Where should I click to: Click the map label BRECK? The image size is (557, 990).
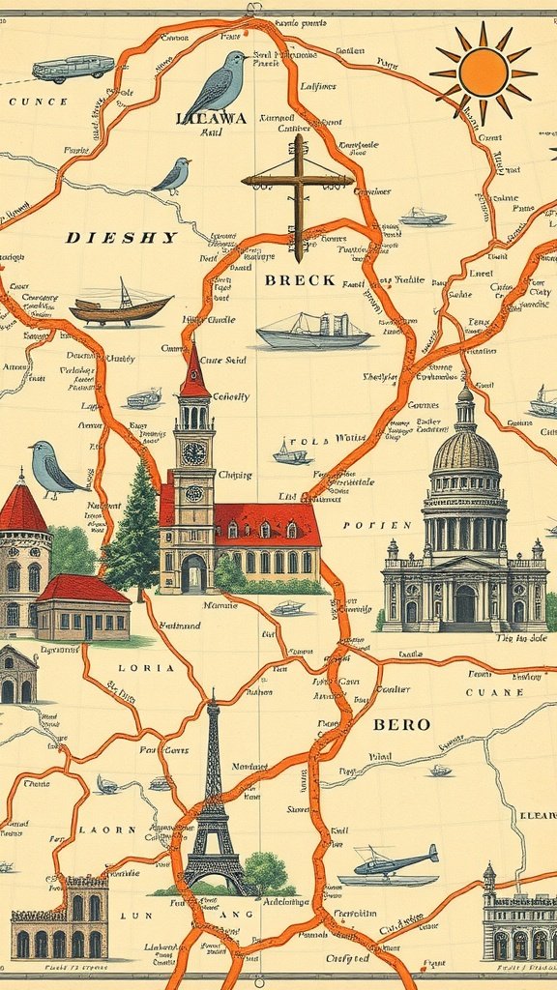(300, 280)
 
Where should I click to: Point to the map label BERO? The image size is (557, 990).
(401, 724)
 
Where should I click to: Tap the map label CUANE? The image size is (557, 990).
(494, 692)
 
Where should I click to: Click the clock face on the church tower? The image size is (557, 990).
(194, 452)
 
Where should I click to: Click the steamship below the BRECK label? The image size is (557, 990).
(313, 332)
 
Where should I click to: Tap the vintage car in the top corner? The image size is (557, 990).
(73, 68)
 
